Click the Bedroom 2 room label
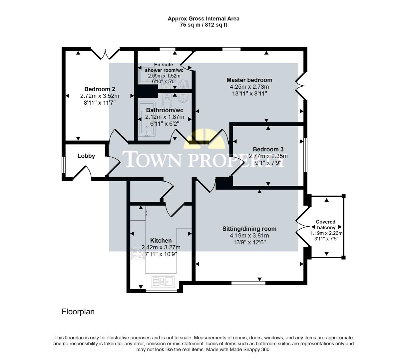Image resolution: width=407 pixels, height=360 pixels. [x=100, y=89]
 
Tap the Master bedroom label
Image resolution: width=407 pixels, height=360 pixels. [x=249, y=80]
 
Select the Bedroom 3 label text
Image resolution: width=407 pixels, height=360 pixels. [x=268, y=149]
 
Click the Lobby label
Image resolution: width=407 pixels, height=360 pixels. [x=86, y=156]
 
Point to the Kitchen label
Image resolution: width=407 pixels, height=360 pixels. [x=161, y=240]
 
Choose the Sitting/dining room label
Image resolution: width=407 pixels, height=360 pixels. [x=249, y=229]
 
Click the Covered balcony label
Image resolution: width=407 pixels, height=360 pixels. [x=326, y=225]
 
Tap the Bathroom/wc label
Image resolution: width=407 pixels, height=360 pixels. [x=165, y=110]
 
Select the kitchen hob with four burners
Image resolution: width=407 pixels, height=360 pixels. [x=137, y=253]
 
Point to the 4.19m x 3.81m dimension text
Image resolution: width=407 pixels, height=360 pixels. [x=249, y=235]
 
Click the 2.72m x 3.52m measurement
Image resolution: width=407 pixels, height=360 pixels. [x=100, y=96]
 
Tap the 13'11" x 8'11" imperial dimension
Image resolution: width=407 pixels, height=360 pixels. [x=249, y=93]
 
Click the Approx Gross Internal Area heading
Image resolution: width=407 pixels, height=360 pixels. [x=203, y=19]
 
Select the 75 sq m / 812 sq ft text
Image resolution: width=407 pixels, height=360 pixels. [x=203, y=25]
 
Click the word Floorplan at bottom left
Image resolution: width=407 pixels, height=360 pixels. [x=78, y=312]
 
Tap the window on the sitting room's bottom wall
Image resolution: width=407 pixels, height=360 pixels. [x=248, y=283]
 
